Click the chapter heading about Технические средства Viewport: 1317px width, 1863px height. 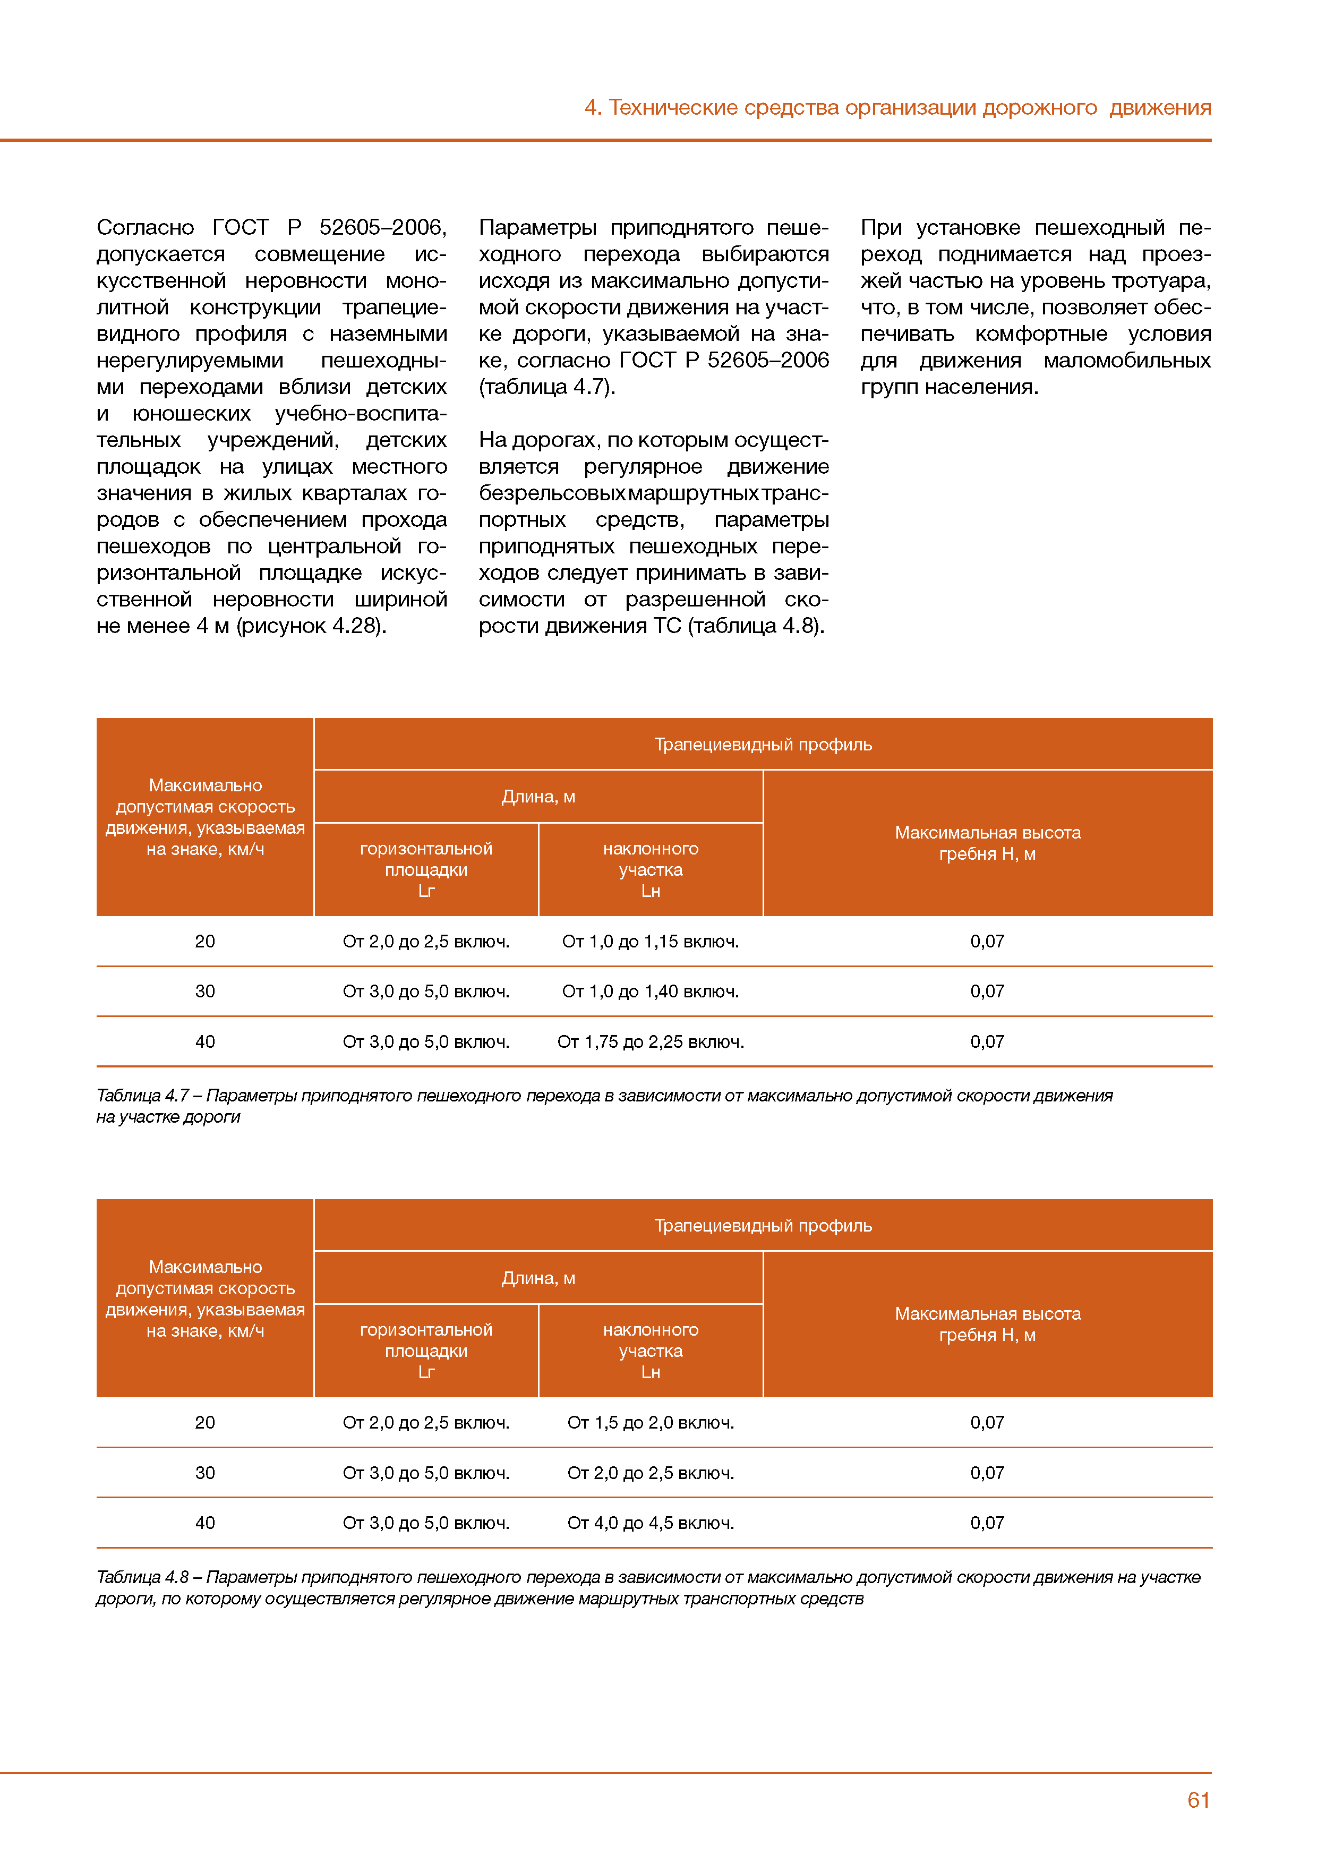tap(896, 107)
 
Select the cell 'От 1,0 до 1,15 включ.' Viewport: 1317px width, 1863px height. tap(650, 941)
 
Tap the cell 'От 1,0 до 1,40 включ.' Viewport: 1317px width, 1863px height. tap(650, 991)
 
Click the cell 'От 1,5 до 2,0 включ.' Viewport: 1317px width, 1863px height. tap(650, 1422)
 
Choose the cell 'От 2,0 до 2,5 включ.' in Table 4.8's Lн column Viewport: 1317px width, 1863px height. tap(650, 1473)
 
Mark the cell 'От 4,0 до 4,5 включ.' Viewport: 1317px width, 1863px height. tap(650, 1523)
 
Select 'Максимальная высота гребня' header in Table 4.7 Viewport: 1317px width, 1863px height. tap(988, 843)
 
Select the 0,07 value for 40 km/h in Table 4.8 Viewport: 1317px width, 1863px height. tap(988, 1523)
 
